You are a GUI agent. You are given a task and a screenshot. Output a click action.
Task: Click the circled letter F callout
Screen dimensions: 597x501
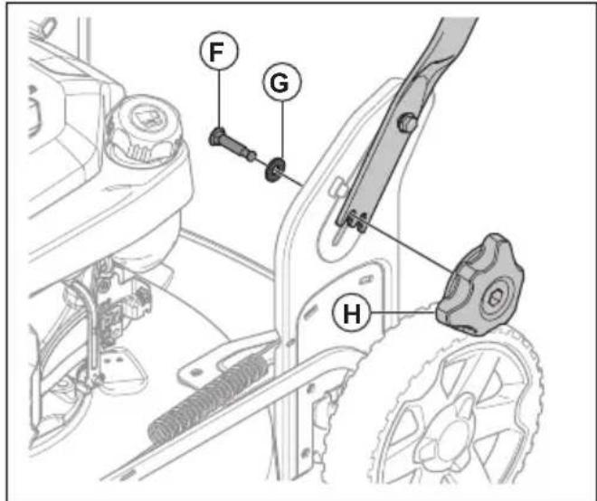pyautogui.click(x=219, y=52)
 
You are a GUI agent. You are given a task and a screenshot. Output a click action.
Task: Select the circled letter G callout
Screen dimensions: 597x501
pyautogui.click(x=281, y=82)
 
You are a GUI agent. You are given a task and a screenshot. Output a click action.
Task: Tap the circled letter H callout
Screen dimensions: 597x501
pyautogui.click(x=352, y=313)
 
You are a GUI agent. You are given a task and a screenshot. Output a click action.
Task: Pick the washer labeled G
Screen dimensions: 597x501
pyautogui.click(x=274, y=169)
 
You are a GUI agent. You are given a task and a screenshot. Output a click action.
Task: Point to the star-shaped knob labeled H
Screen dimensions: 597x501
pyautogui.click(x=479, y=285)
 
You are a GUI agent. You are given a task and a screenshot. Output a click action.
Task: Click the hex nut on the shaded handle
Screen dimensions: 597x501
pyautogui.click(x=407, y=122)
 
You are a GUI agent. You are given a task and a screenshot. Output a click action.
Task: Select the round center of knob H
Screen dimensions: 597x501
pyautogui.click(x=495, y=298)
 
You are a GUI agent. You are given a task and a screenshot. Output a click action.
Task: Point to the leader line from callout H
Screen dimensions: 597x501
pyautogui.click(x=403, y=313)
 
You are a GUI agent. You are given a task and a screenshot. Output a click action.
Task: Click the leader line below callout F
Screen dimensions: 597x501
pyautogui.click(x=219, y=99)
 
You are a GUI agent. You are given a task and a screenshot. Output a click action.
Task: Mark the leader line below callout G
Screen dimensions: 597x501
pyautogui.click(x=282, y=129)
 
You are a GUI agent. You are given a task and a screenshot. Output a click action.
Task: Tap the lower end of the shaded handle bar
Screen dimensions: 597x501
pyautogui.click(x=352, y=220)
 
